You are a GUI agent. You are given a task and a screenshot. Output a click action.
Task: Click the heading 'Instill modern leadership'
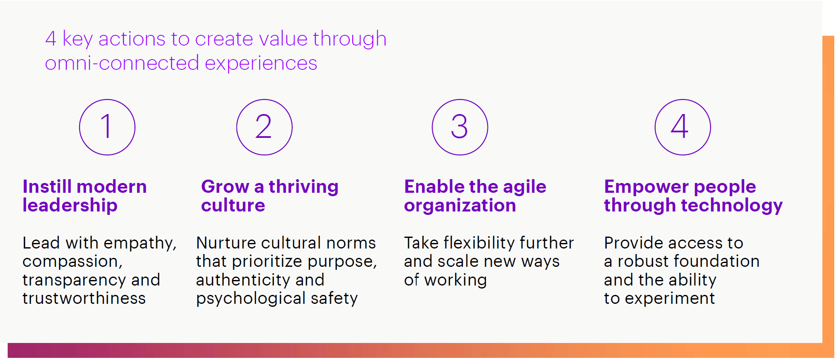tap(85, 196)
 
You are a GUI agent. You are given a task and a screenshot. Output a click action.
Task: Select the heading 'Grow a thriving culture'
tap(270, 196)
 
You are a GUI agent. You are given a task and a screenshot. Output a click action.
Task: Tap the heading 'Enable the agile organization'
tap(475, 196)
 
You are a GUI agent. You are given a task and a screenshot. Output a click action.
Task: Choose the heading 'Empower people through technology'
tap(693, 196)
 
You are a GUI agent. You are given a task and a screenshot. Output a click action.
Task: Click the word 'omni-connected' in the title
tap(122, 63)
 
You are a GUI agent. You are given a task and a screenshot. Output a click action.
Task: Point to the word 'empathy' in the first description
tap(140, 243)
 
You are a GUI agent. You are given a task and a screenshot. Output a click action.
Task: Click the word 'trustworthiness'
tap(84, 298)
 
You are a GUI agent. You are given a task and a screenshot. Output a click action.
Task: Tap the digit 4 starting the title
tap(51, 39)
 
